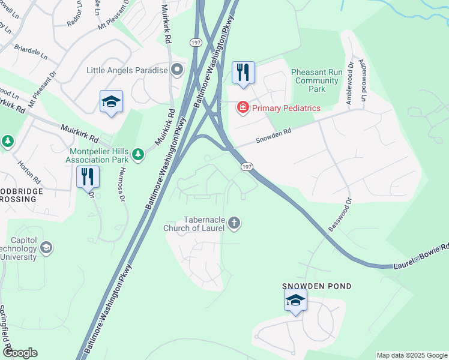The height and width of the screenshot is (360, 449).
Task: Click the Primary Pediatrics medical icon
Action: tap(243, 108)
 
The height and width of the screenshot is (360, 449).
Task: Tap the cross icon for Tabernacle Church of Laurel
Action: tap(234, 223)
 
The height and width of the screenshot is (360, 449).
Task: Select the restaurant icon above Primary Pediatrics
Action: tap(243, 73)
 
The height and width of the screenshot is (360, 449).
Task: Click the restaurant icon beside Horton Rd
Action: tap(88, 176)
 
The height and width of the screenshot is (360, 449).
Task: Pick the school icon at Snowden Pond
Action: tap(295, 300)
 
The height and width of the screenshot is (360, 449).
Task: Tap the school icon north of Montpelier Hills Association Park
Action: tap(111, 102)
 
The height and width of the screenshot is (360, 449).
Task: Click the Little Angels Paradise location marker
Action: tap(177, 70)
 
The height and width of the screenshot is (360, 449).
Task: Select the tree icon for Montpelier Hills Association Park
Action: tap(139, 155)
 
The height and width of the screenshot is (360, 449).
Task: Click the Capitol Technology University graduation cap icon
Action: tap(46, 248)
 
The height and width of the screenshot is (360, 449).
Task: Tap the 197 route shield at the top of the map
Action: tap(196, 43)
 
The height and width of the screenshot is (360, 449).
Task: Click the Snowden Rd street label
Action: tap(273, 136)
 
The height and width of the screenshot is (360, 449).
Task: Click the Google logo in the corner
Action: tap(20, 353)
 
